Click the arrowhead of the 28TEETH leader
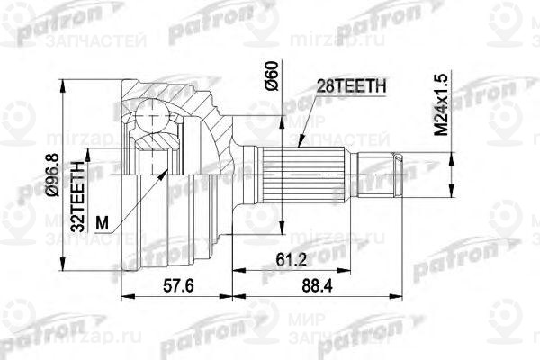298,144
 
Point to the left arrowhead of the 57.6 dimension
124,295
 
